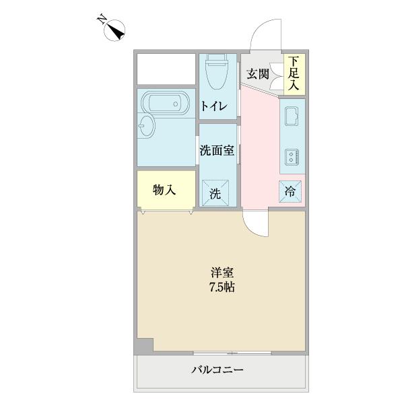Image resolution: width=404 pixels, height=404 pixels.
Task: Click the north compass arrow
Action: (116, 29)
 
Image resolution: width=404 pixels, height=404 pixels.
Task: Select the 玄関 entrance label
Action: (258, 73)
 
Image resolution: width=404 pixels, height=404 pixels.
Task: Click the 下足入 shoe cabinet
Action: (294, 74)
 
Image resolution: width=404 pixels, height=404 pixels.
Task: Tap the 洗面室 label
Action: (217, 150)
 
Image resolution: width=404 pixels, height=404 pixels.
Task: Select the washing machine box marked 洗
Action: (215, 194)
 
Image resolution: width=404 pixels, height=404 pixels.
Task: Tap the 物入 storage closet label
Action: (164, 190)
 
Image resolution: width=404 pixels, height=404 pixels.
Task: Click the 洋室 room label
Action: (222, 273)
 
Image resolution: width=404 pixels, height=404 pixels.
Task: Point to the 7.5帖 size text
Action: (222, 288)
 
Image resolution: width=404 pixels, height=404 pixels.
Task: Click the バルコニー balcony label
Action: (217, 370)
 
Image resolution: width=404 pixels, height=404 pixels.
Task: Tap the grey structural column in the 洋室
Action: (143, 346)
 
